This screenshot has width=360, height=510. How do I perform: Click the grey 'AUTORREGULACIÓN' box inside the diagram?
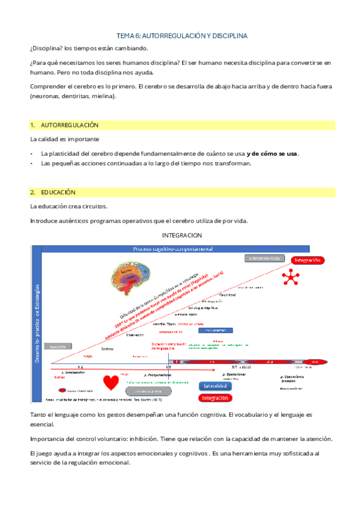tap(263, 258)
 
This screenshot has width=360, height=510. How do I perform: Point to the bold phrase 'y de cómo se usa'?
tap(272, 153)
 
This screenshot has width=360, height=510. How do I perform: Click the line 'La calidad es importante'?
tap(62, 139)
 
